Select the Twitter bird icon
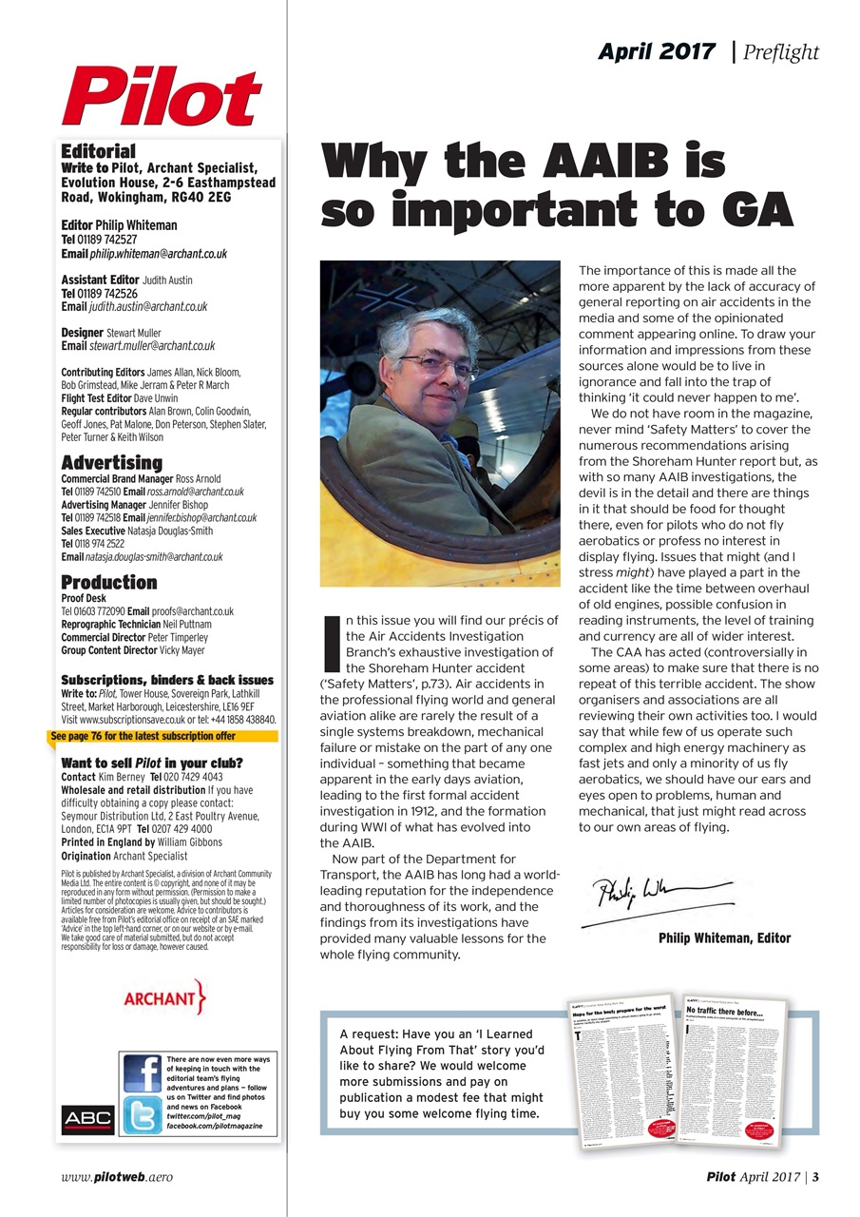pos(143,1114)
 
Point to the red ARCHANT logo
pos(164,998)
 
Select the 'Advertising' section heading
pos(111,463)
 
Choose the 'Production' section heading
pos(108,582)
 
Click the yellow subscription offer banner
pos(162,736)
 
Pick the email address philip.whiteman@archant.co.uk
pos(158,254)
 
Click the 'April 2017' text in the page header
pos(656,52)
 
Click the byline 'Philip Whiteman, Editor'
pos(724,938)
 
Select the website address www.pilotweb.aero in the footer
pos(116,1177)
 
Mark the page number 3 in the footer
pos(815,1177)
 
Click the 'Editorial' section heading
pos(98,151)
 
